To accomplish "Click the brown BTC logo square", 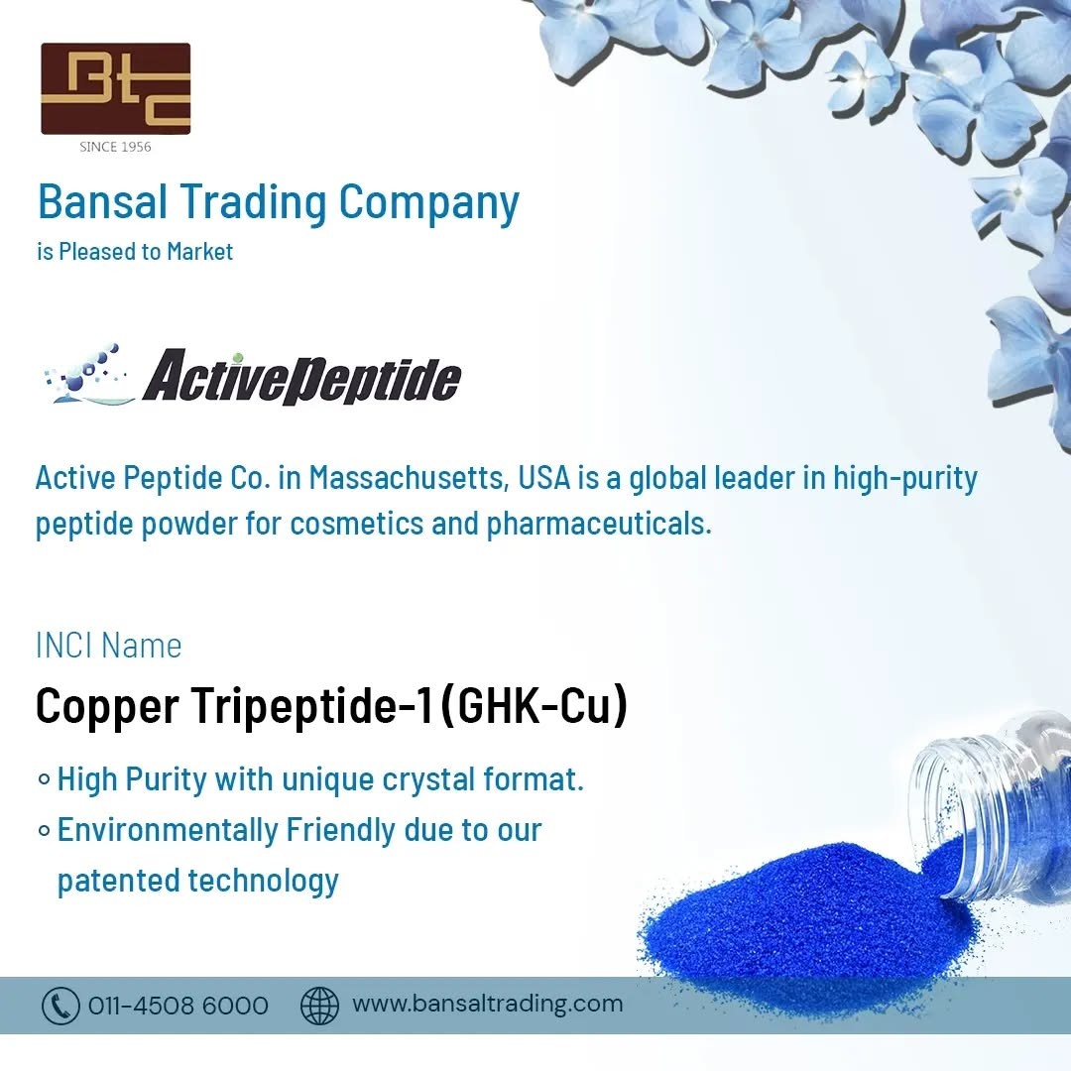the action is tap(115, 89).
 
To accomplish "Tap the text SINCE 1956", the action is tap(115, 147).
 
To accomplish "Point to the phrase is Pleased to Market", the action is tap(135, 251).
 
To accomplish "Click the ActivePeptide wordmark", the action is tap(301, 377).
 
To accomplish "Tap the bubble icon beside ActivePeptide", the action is tap(86, 375).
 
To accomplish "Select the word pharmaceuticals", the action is tap(599, 524).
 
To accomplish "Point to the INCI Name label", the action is tap(109, 646).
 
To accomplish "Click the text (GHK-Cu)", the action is tap(535, 705).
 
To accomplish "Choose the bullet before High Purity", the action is tap(45, 779).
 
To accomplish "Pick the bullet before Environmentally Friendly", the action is tap(45, 831).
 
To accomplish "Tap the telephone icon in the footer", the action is tap(60, 1007).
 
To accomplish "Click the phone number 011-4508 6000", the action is tap(178, 1006).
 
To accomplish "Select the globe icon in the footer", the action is tap(319, 1007).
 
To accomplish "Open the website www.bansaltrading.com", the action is tap(488, 1004).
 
